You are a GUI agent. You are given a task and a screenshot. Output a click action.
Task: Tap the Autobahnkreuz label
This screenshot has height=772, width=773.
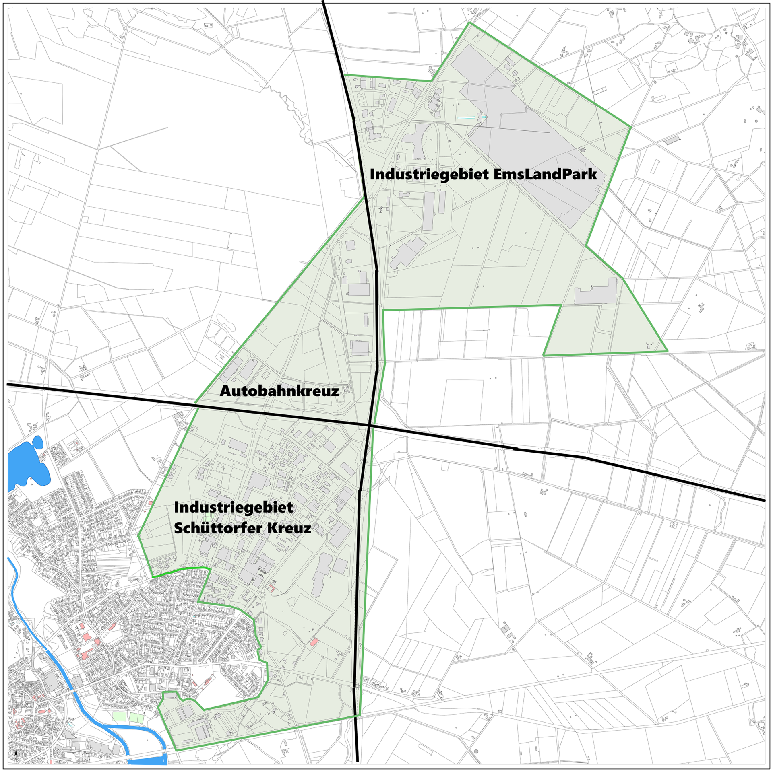click(x=279, y=391)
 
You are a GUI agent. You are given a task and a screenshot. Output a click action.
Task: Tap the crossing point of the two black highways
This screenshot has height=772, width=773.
click(x=370, y=424)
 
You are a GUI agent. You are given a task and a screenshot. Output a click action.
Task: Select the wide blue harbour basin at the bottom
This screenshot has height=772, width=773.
click(x=147, y=761)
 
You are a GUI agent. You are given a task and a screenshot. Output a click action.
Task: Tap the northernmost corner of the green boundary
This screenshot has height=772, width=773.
click(x=469, y=23)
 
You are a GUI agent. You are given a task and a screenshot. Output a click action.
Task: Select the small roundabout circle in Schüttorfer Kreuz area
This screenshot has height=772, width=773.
click(x=262, y=595)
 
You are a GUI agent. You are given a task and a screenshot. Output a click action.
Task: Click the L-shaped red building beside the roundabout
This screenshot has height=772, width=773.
click(x=272, y=588)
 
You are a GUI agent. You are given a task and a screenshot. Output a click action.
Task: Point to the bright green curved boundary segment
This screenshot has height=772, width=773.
click(x=181, y=570)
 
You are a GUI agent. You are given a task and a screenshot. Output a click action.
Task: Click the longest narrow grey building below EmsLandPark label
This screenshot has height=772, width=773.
click(x=428, y=211)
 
